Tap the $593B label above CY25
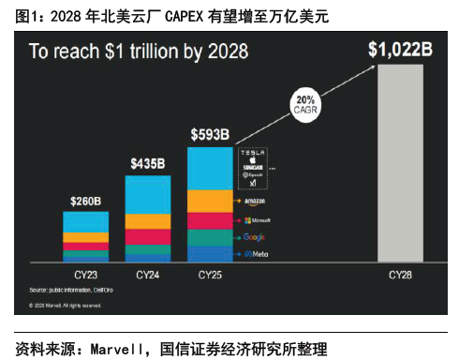(x=210, y=134)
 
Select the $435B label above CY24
(x=147, y=163)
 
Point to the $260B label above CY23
(x=85, y=200)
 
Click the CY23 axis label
(x=85, y=275)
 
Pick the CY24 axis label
(x=147, y=275)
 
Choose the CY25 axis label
(x=210, y=275)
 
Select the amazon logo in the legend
(x=255, y=202)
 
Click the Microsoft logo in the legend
(x=257, y=220)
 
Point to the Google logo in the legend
(x=255, y=238)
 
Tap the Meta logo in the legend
(x=255, y=254)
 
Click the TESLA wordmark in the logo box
(x=255, y=152)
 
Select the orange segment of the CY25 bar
(x=210, y=200)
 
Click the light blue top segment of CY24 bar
(x=147, y=194)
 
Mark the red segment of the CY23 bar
(x=85, y=237)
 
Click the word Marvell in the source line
(x=123, y=349)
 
